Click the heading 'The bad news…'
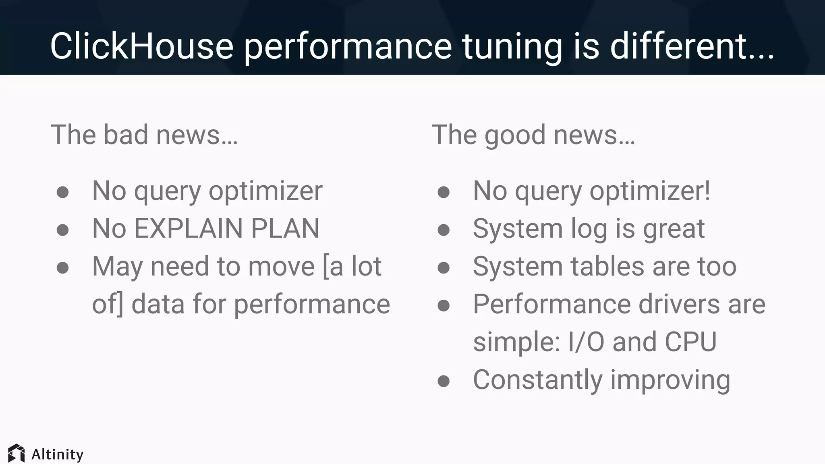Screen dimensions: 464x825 coord(144,135)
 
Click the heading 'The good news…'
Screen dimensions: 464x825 coord(533,135)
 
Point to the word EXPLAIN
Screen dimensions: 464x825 coord(188,228)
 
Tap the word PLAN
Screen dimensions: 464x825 coord(285,228)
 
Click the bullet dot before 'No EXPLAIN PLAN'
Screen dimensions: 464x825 coord(62,230)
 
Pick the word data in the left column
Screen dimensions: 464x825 coord(158,304)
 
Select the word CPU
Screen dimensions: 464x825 coord(690,342)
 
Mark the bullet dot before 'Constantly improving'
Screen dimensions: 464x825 coord(444,381)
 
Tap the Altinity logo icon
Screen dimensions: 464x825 coord(17,454)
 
